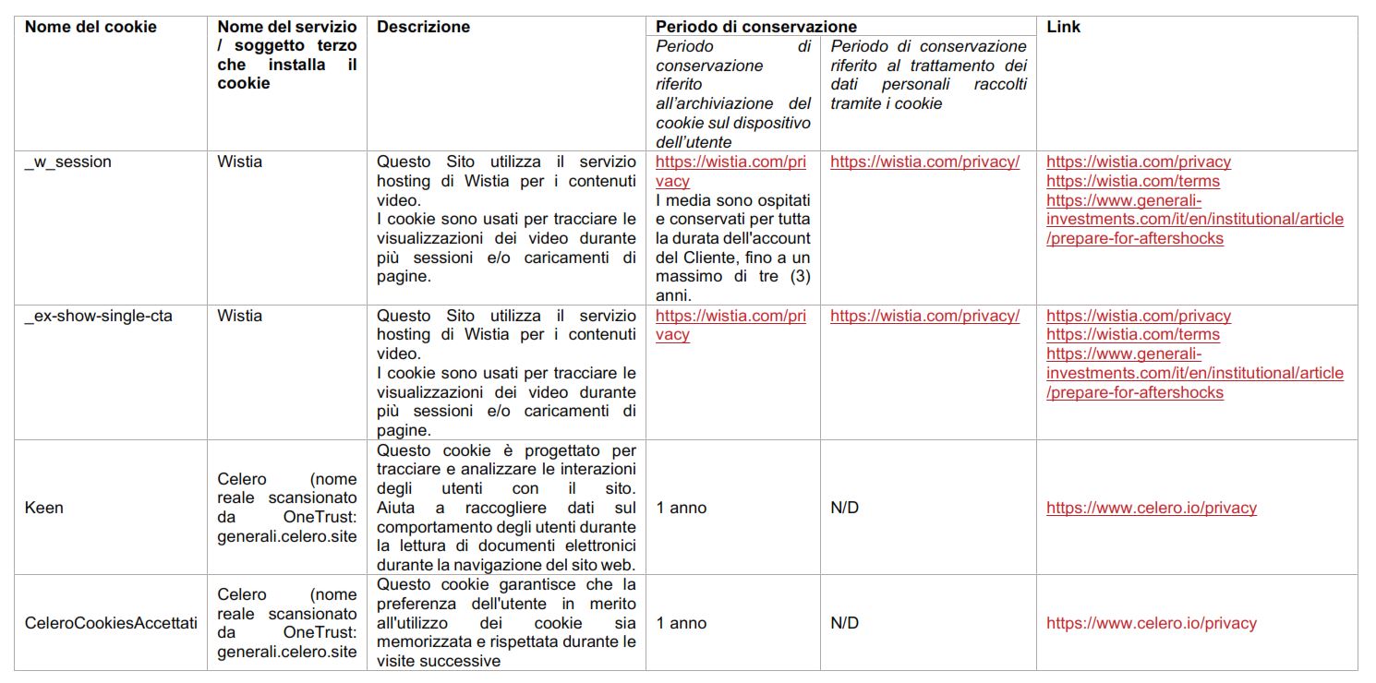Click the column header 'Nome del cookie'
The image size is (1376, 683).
coord(91,27)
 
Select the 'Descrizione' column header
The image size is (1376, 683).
coord(423,27)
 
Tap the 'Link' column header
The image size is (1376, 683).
coord(1063,27)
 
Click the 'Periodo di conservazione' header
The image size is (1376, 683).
coord(756,27)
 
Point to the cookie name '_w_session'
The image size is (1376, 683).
coord(67,162)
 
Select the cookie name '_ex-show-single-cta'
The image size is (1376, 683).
coord(99,316)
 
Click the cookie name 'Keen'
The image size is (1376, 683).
coord(44,508)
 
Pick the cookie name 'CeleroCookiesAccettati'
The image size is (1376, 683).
coord(111,623)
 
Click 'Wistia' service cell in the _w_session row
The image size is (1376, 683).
coord(240,162)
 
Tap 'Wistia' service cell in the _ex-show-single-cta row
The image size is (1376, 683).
coord(240,316)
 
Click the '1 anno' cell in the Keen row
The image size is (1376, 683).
coord(682,508)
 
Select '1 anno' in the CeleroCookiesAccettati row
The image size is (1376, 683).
coord(682,623)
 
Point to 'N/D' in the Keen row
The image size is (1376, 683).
coord(844,508)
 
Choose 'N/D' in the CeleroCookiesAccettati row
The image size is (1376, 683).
coord(844,623)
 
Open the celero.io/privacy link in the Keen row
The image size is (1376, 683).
coord(1151,508)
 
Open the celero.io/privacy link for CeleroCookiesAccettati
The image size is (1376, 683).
coord(1151,623)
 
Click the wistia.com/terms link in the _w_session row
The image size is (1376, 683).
coord(1132,181)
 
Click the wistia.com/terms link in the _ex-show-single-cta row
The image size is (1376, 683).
coord(1132,335)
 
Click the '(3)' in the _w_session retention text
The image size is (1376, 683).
coord(797,277)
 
